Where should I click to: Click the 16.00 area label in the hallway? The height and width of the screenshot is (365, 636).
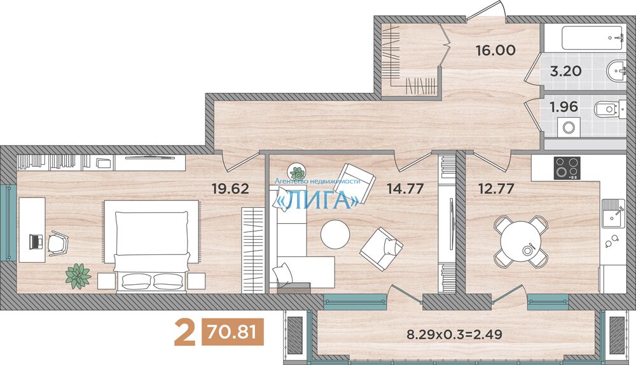(495, 50)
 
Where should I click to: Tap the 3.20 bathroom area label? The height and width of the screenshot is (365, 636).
(565, 71)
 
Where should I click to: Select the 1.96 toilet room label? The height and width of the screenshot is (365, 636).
(563, 107)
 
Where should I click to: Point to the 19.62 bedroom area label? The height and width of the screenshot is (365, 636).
(230, 189)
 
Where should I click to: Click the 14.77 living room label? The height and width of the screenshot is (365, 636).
(405, 188)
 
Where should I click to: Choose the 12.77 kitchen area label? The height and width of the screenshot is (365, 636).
(496, 188)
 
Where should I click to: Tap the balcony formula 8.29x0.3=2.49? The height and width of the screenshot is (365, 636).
(454, 334)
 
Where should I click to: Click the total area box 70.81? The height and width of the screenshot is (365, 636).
(232, 333)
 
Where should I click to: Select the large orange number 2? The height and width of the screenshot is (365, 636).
(184, 333)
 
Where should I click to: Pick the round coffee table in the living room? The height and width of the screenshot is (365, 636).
(335, 234)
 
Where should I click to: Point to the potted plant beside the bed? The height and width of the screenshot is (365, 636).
(78, 276)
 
